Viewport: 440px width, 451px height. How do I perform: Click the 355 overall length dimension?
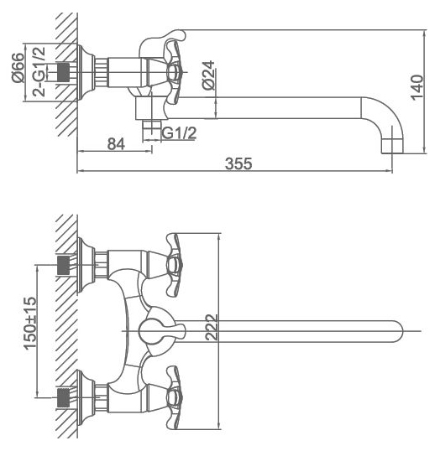coord(238,163)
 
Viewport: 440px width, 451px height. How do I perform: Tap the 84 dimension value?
coord(116,144)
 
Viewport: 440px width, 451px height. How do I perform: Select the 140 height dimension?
coord(417,88)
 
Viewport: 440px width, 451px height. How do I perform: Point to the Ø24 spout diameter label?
coord(208,75)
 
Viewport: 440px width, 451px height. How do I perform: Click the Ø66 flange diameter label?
coord(18,68)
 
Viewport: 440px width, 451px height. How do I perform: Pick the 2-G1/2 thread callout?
coord(39,71)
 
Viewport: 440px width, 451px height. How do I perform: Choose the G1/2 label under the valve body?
coord(179,133)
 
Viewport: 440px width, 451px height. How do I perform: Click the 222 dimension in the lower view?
coord(212,327)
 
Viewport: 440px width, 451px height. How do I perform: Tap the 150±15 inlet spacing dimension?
coord(30,323)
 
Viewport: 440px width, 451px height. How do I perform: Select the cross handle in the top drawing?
coord(172,72)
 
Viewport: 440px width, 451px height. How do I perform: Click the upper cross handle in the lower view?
coord(174,265)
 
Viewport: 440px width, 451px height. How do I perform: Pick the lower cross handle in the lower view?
coord(174,397)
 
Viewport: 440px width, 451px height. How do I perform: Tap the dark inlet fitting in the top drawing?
coord(64,72)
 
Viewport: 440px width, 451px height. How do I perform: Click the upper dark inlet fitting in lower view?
coord(64,265)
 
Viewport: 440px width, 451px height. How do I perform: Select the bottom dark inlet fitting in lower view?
coord(64,397)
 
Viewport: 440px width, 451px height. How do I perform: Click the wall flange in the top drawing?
coord(86,72)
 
